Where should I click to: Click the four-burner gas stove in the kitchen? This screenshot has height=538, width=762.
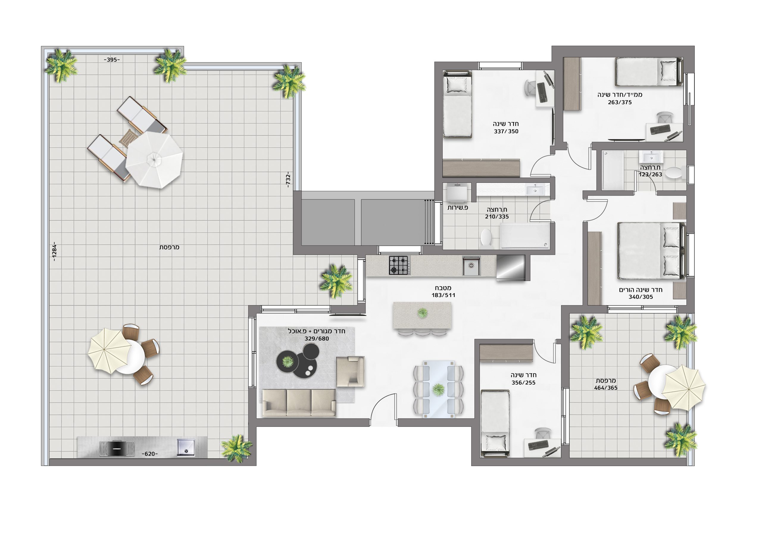[399, 265]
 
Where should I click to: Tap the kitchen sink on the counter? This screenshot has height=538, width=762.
[471, 265]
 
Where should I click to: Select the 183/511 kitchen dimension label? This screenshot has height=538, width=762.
[444, 295]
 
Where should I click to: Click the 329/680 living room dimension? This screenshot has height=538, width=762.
[317, 339]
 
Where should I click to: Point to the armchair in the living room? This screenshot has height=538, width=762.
[350, 372]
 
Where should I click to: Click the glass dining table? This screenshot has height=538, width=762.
[438, 389]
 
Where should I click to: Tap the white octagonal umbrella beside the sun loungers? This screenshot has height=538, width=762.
[154, 160]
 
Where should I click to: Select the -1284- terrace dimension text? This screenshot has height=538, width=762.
[54, 251]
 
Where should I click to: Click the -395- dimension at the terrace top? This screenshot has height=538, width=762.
[112, 60]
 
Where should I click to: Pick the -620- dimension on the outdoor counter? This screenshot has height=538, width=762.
[150, 454]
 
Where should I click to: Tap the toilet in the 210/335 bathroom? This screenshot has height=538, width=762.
[486, 237]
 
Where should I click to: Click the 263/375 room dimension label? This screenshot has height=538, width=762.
[620, 103]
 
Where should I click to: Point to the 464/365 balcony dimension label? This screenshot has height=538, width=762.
[606, 388]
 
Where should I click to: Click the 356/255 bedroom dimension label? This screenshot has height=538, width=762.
[523, 383]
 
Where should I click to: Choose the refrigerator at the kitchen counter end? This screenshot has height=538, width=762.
[511, 268]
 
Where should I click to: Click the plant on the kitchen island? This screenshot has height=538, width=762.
[422, 312]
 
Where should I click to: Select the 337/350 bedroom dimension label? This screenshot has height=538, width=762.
[506, 131]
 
